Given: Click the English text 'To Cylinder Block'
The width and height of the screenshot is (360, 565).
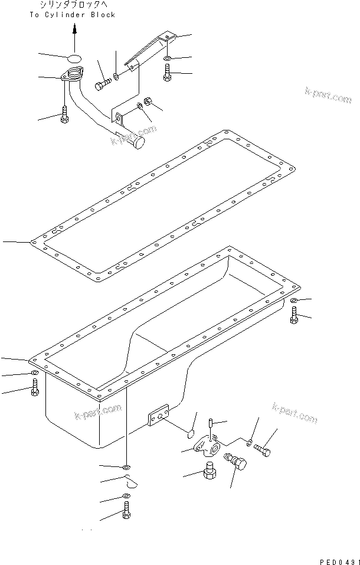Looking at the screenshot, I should pos(72,15).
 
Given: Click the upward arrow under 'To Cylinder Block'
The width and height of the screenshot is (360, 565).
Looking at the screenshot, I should pos(75,38).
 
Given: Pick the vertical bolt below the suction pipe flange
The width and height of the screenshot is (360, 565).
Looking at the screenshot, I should pos(64,115).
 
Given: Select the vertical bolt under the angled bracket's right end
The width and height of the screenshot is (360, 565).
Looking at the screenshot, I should pos(168,73).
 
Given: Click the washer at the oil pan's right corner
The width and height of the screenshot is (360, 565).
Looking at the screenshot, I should pos(294,302).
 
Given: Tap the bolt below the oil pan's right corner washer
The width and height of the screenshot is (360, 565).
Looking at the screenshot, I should pos(294,316).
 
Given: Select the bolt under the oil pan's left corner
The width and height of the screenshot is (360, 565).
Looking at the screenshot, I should pos(35,387).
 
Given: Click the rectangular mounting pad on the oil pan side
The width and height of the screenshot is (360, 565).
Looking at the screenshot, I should pos(158,415).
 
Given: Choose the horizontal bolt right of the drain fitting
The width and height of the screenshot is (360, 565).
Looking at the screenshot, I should pos(264,451).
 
